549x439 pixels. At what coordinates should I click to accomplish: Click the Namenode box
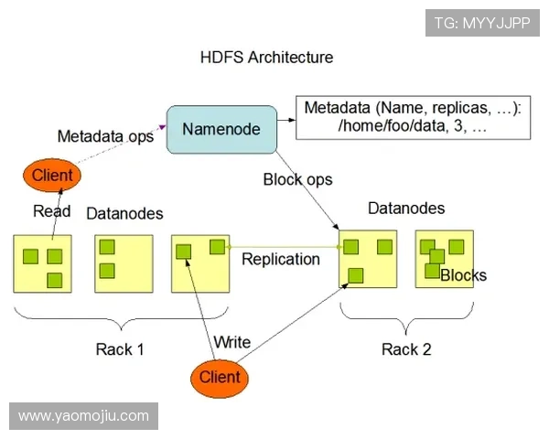(221, 129)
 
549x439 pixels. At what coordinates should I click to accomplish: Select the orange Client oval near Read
(52, 175)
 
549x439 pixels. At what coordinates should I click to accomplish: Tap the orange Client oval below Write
(220, 377)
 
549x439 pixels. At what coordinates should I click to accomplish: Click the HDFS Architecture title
(266, 58)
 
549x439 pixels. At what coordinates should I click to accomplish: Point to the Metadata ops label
(105, 136)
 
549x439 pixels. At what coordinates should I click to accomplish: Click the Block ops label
(297, 179)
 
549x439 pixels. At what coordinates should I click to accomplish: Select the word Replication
(280, 259)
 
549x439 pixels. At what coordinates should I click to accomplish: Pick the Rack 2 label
(406, 349)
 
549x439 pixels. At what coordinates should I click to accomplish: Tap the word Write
(231, 342)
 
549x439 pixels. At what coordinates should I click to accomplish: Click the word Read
(52, 211)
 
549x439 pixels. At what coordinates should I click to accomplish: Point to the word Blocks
(463, 275)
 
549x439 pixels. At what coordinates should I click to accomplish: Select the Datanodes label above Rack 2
(406, 209)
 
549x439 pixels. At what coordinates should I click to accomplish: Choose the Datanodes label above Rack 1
(124, 213)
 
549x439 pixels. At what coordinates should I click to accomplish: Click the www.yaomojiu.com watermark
(83, 416)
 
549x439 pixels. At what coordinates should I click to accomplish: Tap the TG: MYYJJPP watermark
(482, 21)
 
